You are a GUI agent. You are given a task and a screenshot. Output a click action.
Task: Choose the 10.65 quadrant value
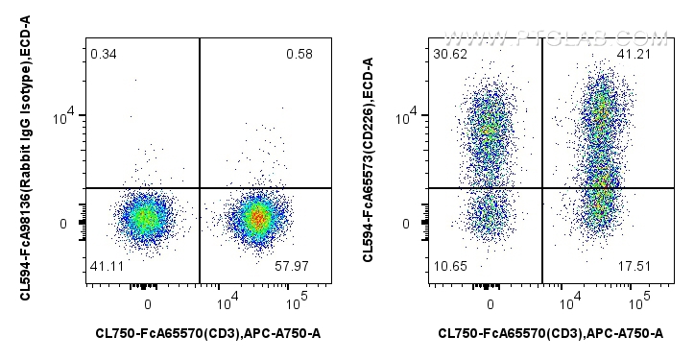click(x=447, y=276)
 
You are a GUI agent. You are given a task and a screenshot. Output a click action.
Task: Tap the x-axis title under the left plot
click(x=208, y=333)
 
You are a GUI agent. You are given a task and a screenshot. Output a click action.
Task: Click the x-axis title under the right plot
click(x=550, y=333)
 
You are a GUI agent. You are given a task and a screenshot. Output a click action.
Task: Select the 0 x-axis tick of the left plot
click(x=147, y=303)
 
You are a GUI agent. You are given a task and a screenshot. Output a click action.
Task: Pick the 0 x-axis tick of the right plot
click(x=490, y=303)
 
